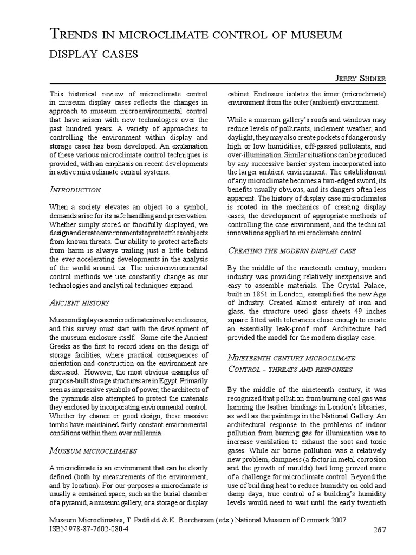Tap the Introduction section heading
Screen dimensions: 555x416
click(75, 190)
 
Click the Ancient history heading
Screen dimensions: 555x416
click(80, 302)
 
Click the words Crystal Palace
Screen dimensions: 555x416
click(363, 286)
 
